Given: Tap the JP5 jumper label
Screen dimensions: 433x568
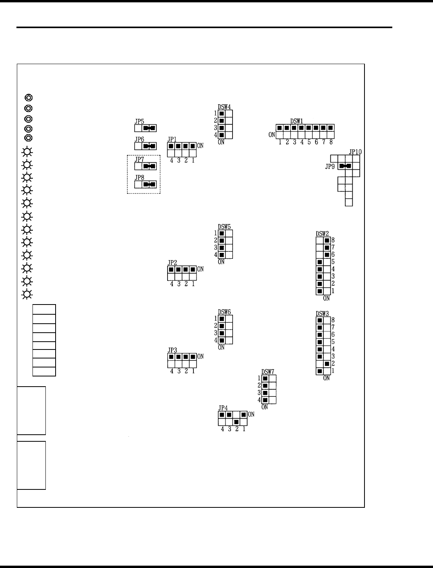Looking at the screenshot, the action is point(139,121).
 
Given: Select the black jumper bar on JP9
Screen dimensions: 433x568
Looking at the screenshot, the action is point(345,166).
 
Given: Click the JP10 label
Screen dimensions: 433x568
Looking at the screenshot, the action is point(355,152).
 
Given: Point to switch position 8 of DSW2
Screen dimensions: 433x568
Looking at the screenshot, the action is point(327,240).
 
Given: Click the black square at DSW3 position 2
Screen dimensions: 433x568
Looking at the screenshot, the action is point(327,364).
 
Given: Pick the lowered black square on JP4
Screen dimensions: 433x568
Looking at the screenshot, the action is point(236,422).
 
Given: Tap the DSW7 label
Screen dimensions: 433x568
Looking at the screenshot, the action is point(268,372).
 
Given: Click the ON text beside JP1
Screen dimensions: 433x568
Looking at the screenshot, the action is point(200,146).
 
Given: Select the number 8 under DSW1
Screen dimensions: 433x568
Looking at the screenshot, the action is point(331,142).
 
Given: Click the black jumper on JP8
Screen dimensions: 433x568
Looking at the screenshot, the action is point(149,184).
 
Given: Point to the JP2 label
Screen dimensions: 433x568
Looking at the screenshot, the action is point(172,263).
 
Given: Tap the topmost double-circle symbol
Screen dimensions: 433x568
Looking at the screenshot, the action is point(29,97).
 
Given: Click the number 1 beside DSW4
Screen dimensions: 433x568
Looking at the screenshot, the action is point(215,113).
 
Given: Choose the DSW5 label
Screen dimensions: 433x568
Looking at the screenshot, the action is point(224,226).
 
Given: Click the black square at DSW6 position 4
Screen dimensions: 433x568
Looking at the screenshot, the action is point(222,340).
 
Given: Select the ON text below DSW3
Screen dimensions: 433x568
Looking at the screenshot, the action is point(327,378).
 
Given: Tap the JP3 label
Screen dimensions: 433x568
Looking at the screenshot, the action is point(172,350).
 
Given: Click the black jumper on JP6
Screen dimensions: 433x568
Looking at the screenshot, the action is point(149,146).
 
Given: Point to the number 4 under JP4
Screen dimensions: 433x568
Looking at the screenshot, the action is point(222,429).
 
